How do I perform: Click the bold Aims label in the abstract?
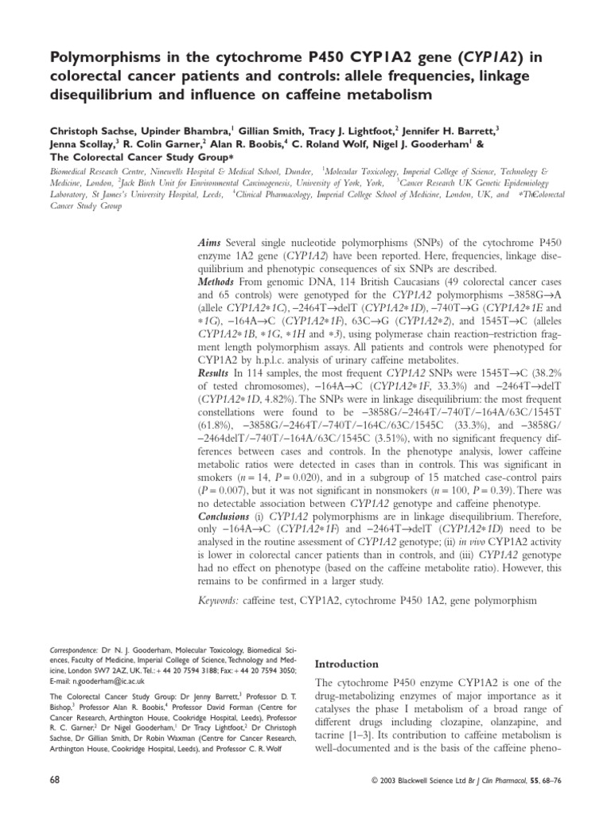[x=211, y=241]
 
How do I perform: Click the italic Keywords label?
[x=224, y=599]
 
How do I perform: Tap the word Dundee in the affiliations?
[x=297, y=171]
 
